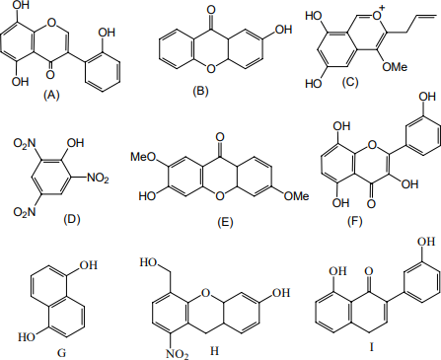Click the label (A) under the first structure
point(51,95)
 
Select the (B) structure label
point(200,91)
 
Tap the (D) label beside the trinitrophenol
point(72,219)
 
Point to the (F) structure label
point(354,221)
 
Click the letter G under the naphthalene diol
point(61,353)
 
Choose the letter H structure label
point(214,351)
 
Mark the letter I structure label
point(372,347)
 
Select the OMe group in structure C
point(395,67)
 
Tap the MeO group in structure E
point(143,157)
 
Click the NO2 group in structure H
point(177,354)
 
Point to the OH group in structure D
point(75,143)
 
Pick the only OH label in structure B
point(283,30)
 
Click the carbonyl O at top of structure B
point(211,10)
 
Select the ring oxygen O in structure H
point(205,292)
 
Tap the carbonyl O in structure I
point(369,271)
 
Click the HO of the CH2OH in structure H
point(148,262)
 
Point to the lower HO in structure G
point(27,337)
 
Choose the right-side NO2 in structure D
point(98,179)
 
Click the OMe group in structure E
point(297,196)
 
